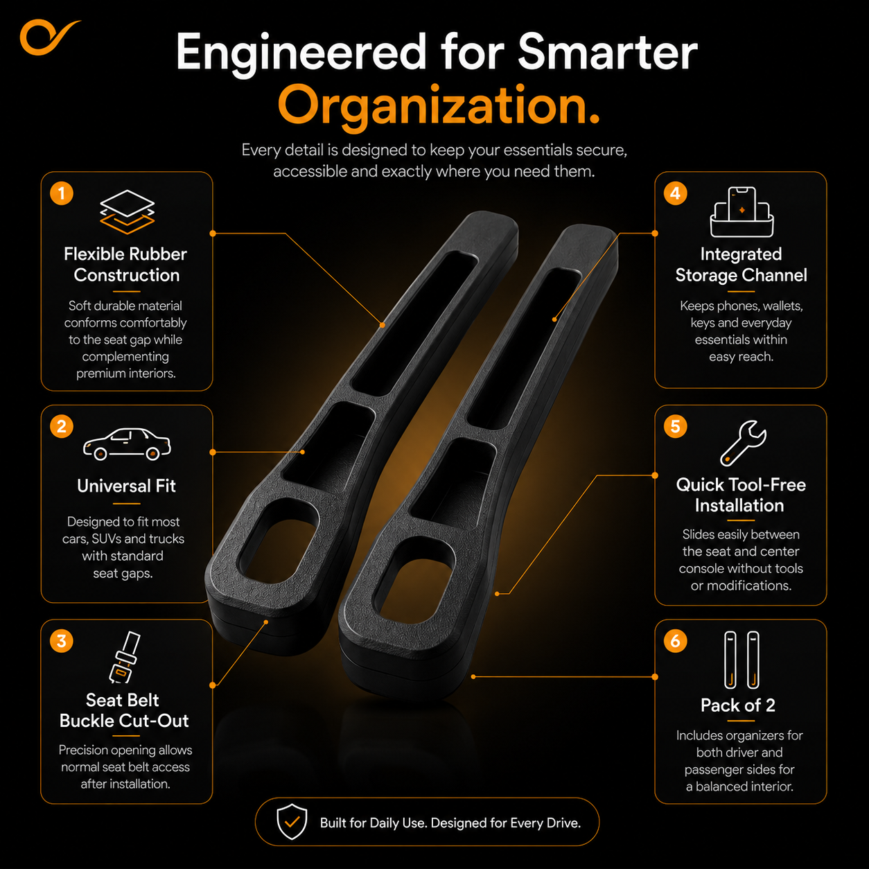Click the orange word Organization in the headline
coord(439,107)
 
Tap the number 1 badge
coord(62,193)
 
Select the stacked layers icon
coord(128,211)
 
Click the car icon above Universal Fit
coord(127,444)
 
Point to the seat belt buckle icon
coord(125,657)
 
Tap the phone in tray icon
coord(741,211)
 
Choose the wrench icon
coord(743,444)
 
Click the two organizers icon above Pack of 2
coord(741,660)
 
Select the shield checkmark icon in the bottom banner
coord(292,822)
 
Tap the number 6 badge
coord(675,641)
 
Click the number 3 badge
coord(62,641)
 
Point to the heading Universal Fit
coord(126,486)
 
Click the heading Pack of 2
coord(738,705)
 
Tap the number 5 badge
coord(675,427)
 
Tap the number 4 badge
coord(675,193)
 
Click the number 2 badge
coord(62,427)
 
